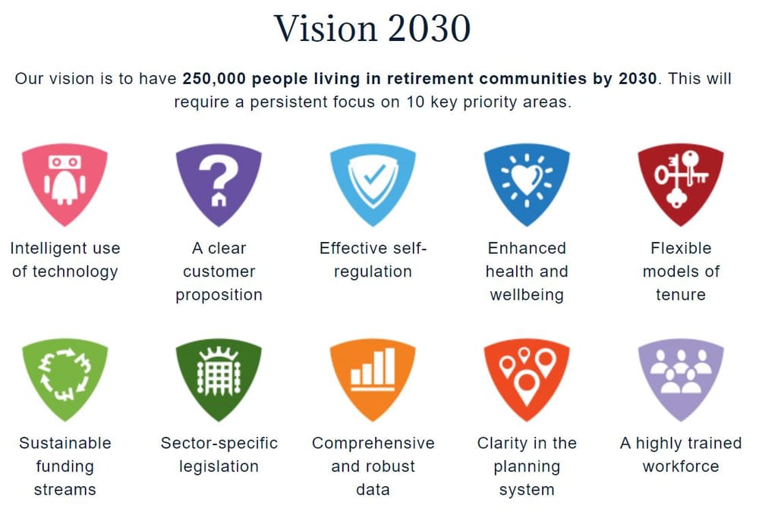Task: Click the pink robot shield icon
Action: [x=65, y=183]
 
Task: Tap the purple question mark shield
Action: [x=219, y=183]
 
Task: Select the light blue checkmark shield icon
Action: [x=373, y=183]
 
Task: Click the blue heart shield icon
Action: [x=527, y=183]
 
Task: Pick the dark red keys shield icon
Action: [x=681, y=183]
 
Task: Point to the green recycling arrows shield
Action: [x=65, y=378]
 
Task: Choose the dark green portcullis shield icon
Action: [x=219, y=378]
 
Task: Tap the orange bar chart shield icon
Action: [x=373, y=378]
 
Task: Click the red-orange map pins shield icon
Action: [x=527, y=378]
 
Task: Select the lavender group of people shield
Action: [x=681, y=378]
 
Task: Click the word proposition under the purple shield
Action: [x=219, y=295]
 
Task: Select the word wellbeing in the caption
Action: [x=527, y=295]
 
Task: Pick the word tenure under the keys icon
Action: [x=681, y=295]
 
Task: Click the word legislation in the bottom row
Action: [x=219, y=466]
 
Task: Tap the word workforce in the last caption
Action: [x=681, y=466]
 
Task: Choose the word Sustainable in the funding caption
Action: [x=65, y=443]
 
